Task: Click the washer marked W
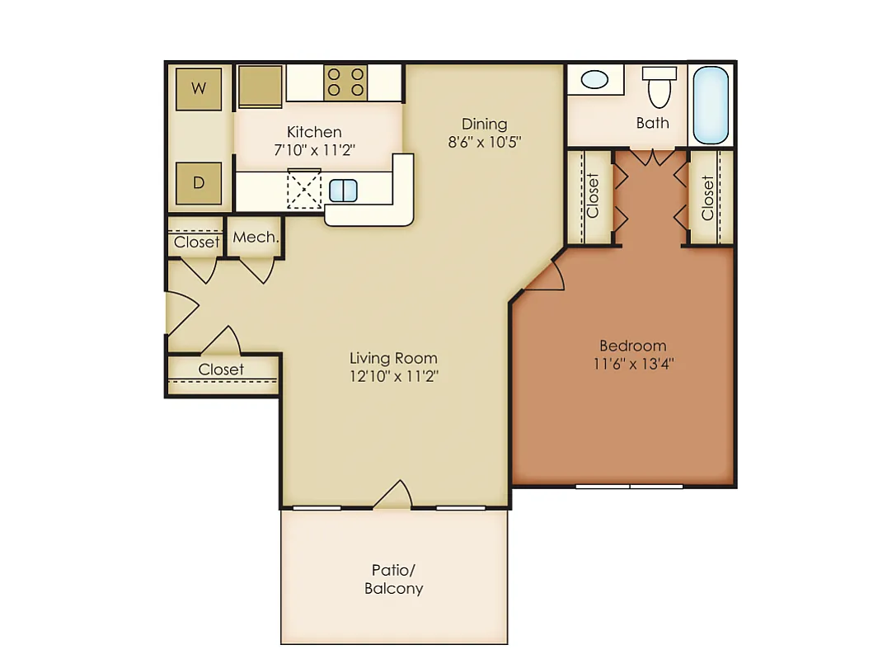coord(199,88)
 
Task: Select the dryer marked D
coord(199,182)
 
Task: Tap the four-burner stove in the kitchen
coord(345,82)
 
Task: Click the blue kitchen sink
coord(343,191)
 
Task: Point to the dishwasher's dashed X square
coord(304,189)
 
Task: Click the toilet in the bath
coord(660,87)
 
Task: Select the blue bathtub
coord(711,106)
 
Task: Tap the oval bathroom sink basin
coord(594,79)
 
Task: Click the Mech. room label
coord(256,237)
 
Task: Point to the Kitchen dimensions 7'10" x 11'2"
coord(314,150)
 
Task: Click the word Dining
coord(485,124)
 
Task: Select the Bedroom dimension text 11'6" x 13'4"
coord(633,364)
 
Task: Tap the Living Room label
coord(393,358)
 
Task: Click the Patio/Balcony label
coord(393,579)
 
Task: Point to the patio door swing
coord(392,494)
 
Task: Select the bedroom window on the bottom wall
coord(629,487)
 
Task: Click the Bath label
coord(652,123)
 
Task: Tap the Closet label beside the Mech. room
coord(196,242)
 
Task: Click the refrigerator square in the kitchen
coord(261,86)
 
